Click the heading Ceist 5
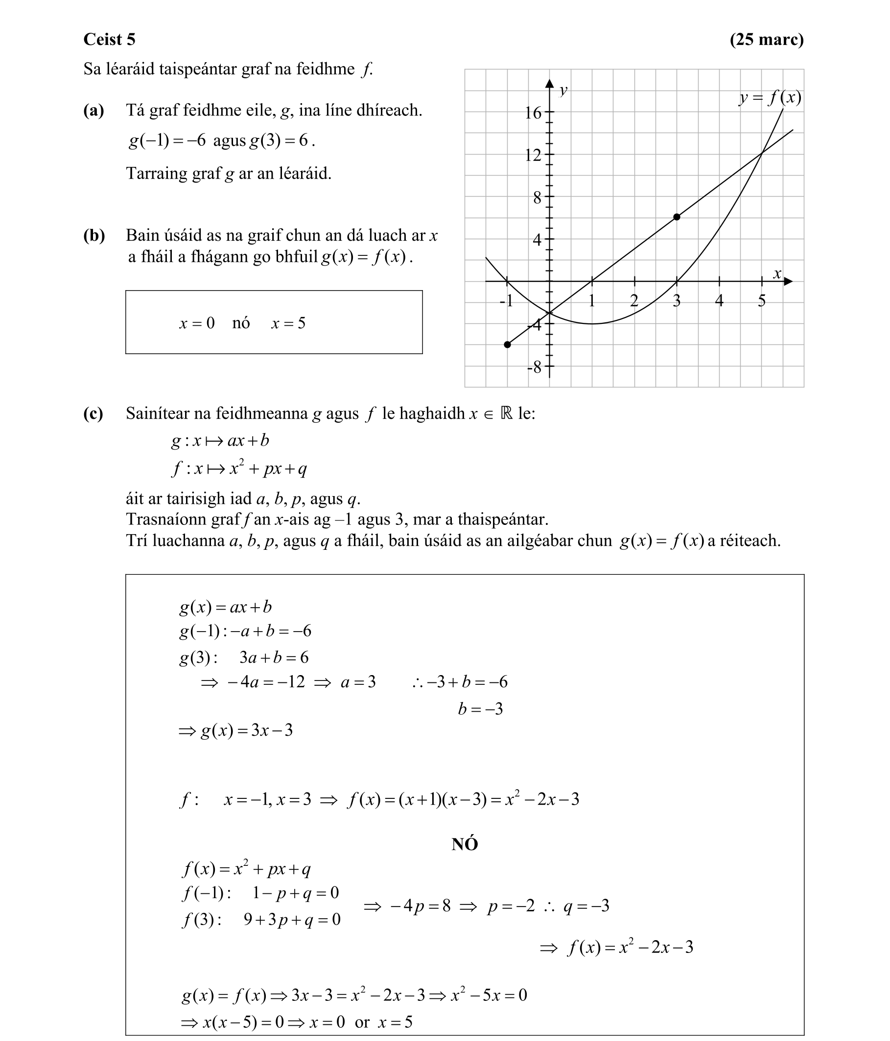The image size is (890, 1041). tap(109, 39)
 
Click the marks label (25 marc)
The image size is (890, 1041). tap(766, 39)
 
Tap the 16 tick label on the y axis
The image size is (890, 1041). tap(533, 113)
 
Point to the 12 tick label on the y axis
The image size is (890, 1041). tap(533, 155)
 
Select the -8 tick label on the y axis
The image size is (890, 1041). tap(534, 368)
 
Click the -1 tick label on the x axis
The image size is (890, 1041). tap(506, 301)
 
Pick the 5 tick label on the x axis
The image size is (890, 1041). tap(762, 301)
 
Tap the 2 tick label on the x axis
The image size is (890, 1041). tap(634, 301)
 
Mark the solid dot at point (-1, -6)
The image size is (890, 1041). tap(507, 345)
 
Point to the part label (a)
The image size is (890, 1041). tap(94, 110)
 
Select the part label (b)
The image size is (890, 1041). tap(94, 235)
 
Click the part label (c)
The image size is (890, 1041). tap(93, 413)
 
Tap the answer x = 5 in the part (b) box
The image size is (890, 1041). tap(288, 323)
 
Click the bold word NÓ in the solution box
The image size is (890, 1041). tap(464, 844)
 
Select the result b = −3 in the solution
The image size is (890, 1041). tap(480, 709)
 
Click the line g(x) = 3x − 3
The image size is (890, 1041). tap(235, 730)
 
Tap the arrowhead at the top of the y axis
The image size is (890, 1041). tap(550, 83)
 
